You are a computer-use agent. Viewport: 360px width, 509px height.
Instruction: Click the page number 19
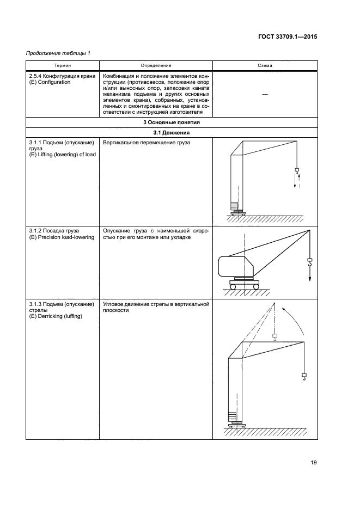(314, 463)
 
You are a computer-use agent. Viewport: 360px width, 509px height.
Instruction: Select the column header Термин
(62, 65)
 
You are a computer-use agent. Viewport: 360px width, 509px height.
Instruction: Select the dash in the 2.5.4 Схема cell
(265, 94)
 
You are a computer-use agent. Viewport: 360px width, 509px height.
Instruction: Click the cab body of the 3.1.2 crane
(235, 266)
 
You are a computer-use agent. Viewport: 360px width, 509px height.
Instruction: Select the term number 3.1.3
(36, 304)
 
